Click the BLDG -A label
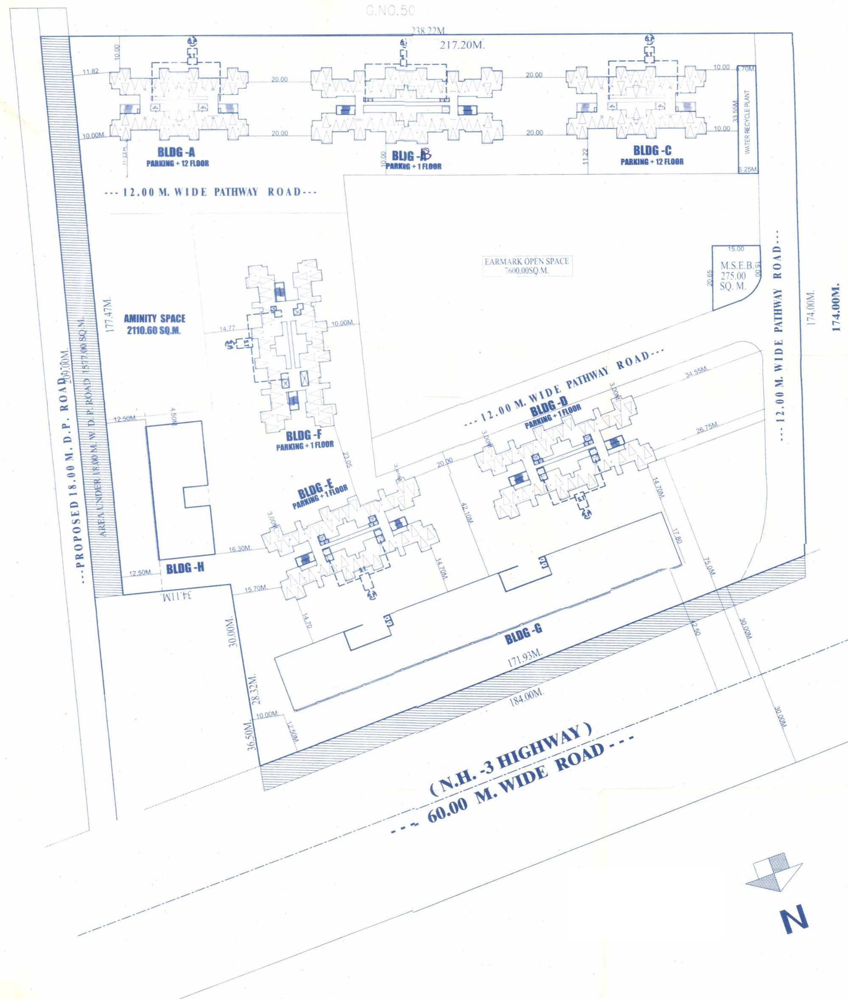point(176,152)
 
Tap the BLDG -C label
point(652,151)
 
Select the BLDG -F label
point(304,436)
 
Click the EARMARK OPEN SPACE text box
point(527,266)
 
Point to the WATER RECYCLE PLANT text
point(747,122)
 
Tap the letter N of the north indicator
point(795,920)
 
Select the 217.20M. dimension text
point(462,46)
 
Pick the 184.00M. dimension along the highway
point(526,697)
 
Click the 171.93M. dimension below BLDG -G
point(525,658)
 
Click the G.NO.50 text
point(390,11)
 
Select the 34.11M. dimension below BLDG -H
point(176,596)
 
